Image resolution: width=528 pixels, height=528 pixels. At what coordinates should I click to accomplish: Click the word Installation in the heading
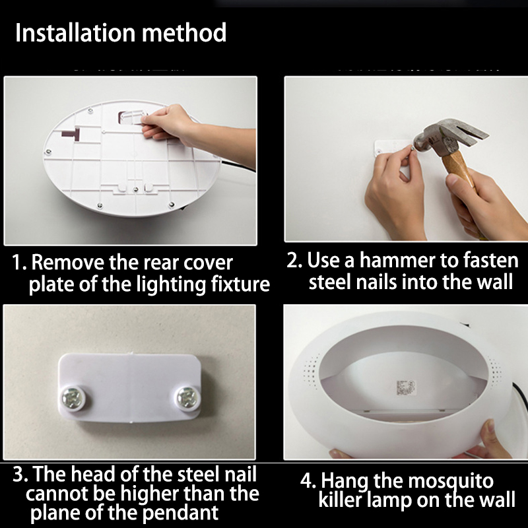[75, 33]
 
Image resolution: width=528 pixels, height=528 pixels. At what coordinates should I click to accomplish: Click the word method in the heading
[184, 33]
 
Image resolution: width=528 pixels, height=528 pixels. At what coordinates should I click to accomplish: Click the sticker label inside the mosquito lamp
[406, 387]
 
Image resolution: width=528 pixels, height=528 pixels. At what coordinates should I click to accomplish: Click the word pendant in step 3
[180, 513]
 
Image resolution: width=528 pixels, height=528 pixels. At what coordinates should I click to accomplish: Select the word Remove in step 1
[68, 263]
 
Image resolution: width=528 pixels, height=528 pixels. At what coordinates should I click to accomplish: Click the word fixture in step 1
[240, 284]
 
